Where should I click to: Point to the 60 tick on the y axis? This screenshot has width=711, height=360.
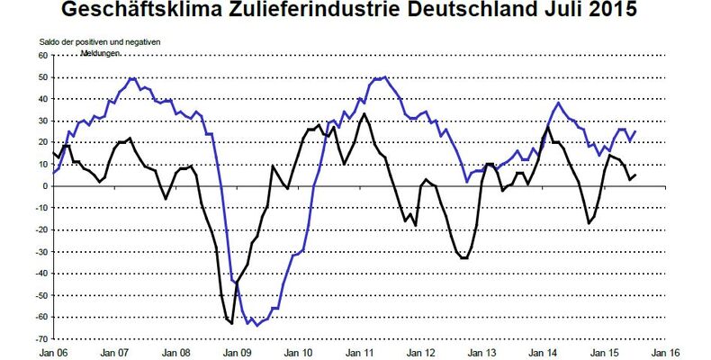(40, 55)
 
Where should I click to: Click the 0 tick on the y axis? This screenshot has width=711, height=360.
(43, 186)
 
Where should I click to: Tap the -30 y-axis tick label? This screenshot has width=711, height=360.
(39, 252)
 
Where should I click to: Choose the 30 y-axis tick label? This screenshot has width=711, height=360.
(40, 121)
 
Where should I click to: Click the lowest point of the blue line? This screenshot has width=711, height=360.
(256, 325)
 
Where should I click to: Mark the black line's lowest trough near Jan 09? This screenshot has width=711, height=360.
(231, 323)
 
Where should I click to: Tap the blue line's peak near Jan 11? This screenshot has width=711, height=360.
(385, 77)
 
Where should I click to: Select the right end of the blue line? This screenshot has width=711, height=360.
(635, 131)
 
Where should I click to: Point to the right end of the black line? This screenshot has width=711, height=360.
(635, 175)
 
